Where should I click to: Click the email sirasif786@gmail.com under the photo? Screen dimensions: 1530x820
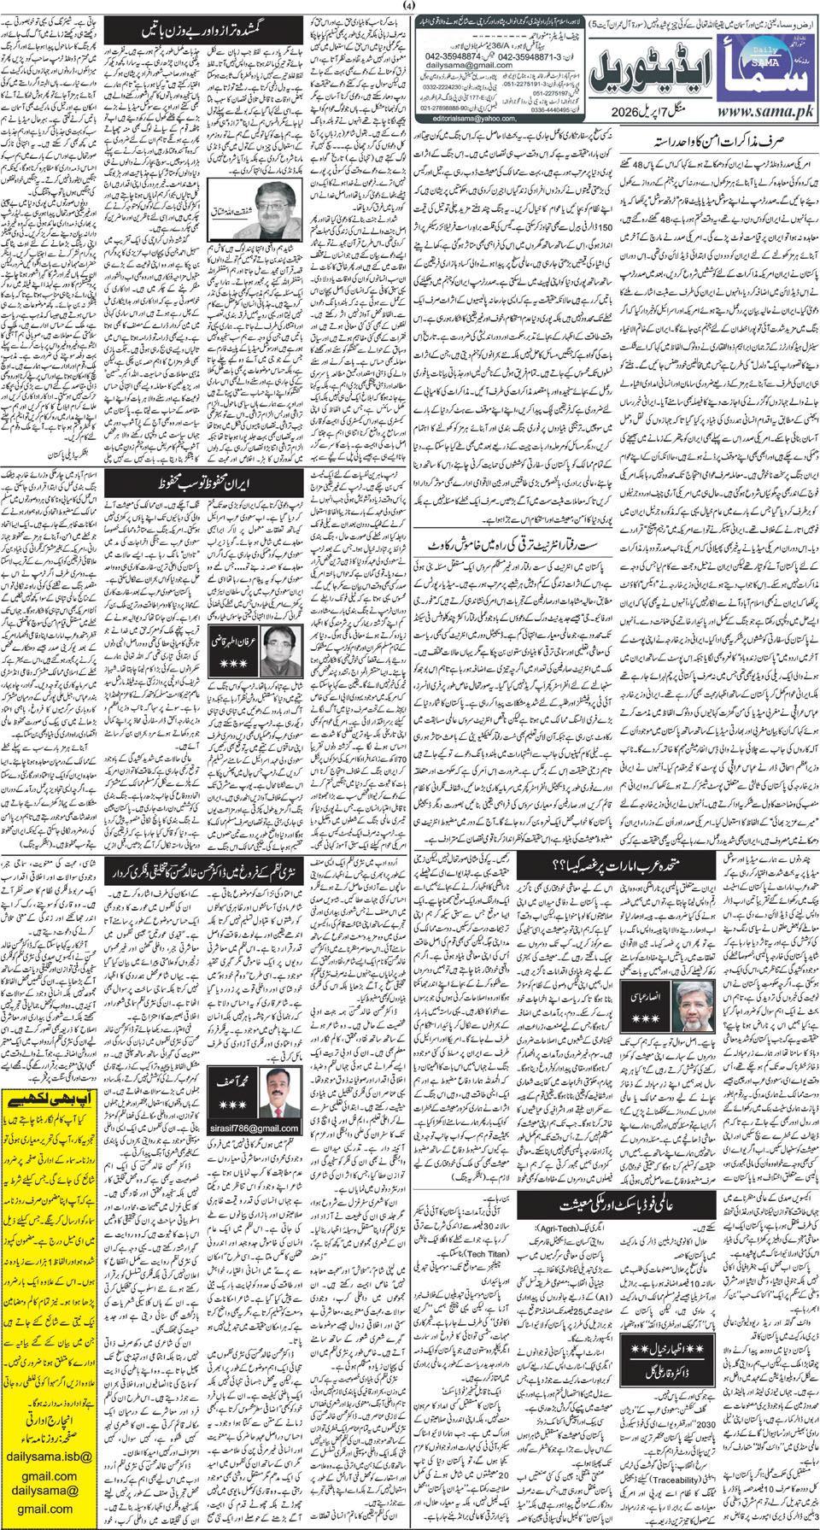pyautogui.click(x=254, y=1128)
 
